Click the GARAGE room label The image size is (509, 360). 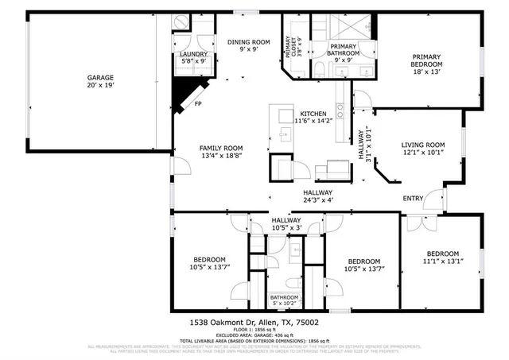coord(101,77)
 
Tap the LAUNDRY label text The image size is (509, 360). coord(194,54)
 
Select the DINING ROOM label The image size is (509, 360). coord(249,42)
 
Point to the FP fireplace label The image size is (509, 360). coord(197,103)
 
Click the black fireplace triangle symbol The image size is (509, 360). coord(182,92)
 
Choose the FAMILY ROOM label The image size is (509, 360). coord(221,149)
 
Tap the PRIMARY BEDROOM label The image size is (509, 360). coord(426,60)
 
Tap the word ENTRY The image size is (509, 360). coord(414,198)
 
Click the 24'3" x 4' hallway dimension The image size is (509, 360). coord(317,200)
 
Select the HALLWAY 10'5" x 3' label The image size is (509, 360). coord(286,224)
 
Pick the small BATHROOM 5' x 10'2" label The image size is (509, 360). coord(284,300)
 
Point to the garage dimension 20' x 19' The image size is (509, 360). coord(101,86)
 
